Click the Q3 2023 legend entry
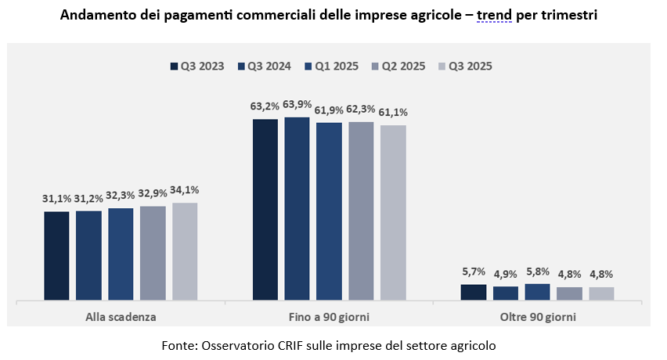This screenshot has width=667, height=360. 196,67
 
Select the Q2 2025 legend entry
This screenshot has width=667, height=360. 398,67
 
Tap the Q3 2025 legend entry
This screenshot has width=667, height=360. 465,67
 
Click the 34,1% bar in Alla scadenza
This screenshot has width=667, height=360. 185,251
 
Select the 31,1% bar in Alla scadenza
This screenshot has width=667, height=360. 56,255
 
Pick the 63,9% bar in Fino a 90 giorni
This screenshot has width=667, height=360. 297,208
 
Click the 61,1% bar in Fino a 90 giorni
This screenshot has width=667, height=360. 393,212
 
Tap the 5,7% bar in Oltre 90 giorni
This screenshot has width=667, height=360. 474,292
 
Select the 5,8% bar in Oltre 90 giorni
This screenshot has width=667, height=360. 538,292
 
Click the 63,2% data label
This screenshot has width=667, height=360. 265,104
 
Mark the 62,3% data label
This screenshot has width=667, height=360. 361,110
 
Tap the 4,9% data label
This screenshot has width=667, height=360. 506,275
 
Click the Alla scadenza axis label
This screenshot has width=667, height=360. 121,317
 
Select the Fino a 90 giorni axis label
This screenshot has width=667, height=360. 329,317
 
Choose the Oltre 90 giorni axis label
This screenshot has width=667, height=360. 537,317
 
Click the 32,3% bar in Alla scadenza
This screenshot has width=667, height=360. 121,254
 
